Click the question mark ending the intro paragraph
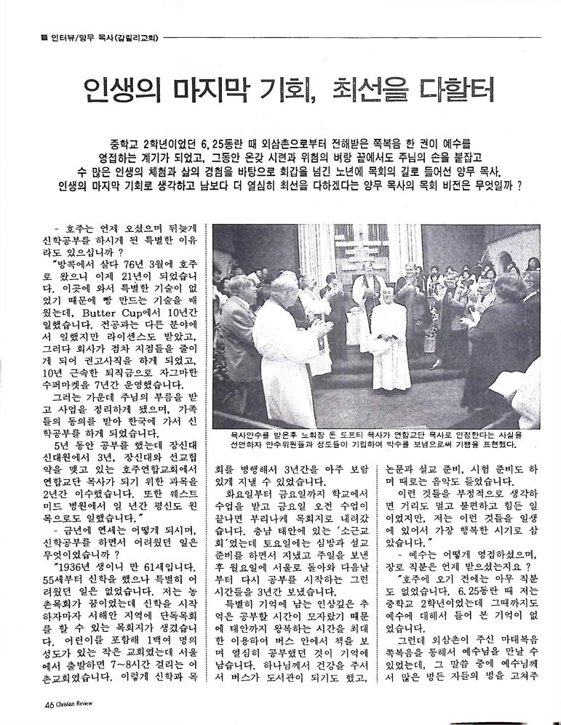520,185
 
